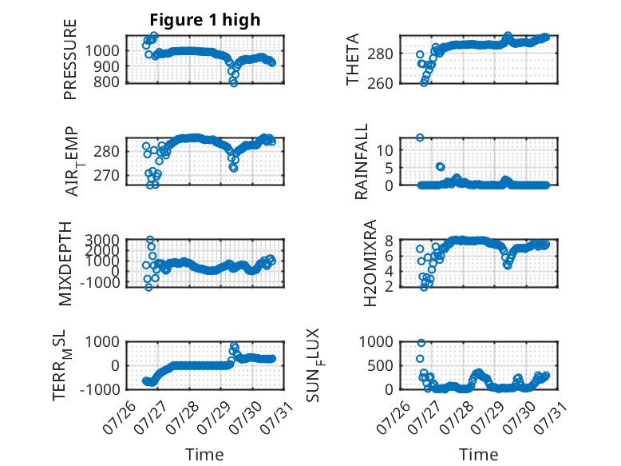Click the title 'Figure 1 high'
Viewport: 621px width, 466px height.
point(205,20)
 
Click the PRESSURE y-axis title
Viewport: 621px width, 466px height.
point(69,59)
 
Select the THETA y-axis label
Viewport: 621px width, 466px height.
point(352,59)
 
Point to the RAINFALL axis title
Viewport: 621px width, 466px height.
point(362,161)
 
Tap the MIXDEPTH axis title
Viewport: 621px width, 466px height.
point(65,264)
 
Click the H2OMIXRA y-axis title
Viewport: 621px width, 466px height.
point(370,263)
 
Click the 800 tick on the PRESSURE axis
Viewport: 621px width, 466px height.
point(106,82)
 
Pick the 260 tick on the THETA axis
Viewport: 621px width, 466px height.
point(380,83)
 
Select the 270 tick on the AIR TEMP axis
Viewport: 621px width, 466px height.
point(106,175)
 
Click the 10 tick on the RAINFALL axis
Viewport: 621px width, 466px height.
point(385,150)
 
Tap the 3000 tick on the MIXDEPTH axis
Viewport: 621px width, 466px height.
point(102,240)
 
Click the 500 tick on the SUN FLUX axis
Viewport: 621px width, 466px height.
point(380,365)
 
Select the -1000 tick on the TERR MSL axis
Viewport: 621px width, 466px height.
point(100,389)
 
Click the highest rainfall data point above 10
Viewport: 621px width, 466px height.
point(420,137)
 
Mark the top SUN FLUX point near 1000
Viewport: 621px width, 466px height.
point(421,343)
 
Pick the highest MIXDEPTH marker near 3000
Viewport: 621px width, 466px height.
point(150,240)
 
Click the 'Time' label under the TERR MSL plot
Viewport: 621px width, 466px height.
point(205,454)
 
